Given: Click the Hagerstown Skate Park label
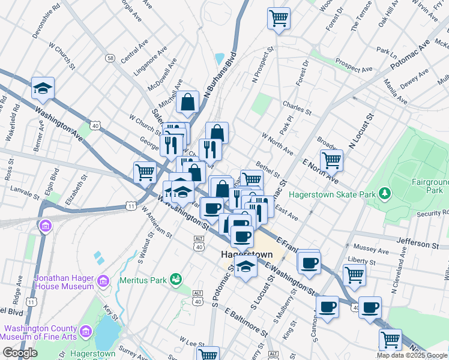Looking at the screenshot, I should [x=331, y=194].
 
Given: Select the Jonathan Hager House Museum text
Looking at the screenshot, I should [x=56, y=283].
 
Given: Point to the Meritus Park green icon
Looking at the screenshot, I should [x=176, y=278].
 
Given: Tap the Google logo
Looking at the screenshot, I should [x=20, y=353].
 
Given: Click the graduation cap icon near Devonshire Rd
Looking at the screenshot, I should [x=43, y=88].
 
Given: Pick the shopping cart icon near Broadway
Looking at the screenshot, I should [x=331, y=160].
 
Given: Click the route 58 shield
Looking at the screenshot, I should [x=110, y=58].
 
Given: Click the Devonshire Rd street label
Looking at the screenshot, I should [x=46, y=22].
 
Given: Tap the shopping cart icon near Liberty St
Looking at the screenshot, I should [x=355, y=274].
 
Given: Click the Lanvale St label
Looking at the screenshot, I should [x=25, y=190].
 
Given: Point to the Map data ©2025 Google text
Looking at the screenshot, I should [x=411, y=355].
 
